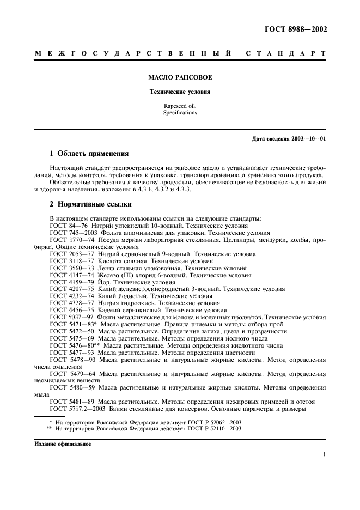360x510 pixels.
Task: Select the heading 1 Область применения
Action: coord(89,153)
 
